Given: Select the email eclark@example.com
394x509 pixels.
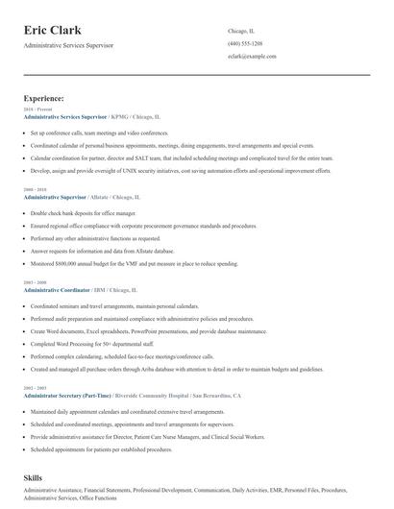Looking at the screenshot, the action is pos(252,57).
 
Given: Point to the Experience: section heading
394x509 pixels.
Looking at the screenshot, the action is pos(44,98).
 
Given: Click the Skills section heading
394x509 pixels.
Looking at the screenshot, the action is pos(34,476).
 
